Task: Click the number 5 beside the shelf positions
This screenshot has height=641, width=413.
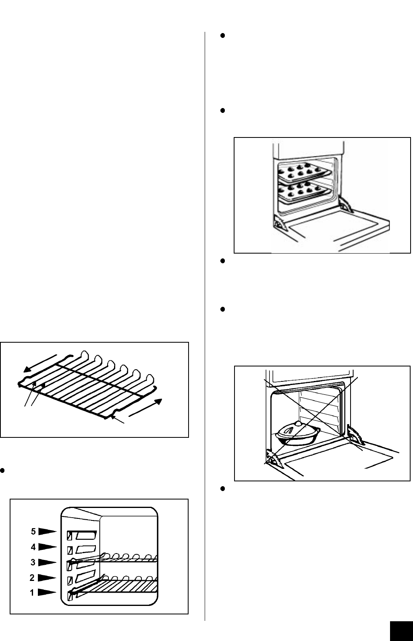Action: coord(33,531)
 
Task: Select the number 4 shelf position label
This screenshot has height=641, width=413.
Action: coord(33,547)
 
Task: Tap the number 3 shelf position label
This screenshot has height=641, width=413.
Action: coord(33,562)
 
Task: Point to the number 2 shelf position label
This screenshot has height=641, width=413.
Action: coord(32,578)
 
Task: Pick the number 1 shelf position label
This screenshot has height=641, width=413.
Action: coord(32,593)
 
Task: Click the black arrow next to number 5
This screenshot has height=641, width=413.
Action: coord(48,531)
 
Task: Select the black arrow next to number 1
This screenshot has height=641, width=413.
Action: coord(47,592)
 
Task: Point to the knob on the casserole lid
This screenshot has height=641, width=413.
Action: coord(298,423)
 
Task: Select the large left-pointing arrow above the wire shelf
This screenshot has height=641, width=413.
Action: coord(40,363)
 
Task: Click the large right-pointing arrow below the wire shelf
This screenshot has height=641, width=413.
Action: coord(145,408)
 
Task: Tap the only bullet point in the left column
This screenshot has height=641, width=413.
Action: coord(2,470)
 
